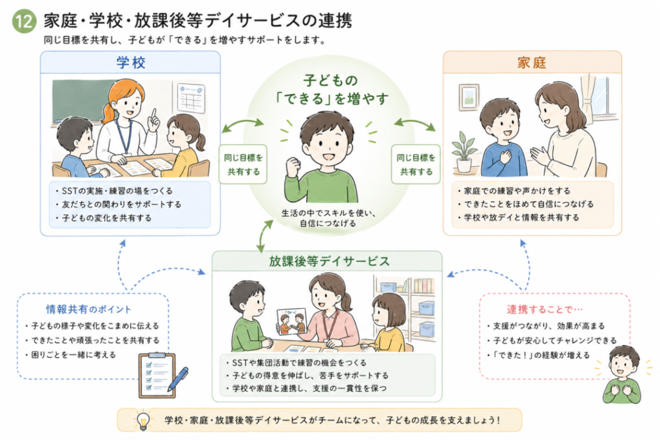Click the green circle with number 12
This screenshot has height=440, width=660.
[x=24, y=21]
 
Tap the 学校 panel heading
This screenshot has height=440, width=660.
[x=131, y=63]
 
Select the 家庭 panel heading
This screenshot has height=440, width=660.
[x=532, y=63]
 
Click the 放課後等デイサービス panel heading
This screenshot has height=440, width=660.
[x=329, y=261]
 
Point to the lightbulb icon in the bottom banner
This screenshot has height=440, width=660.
[x=142, y=420]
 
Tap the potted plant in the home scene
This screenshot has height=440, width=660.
[x=464, y=151]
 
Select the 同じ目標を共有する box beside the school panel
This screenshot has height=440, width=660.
[x=243, y=164]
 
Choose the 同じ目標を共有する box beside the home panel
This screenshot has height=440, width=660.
[x=416, y=164]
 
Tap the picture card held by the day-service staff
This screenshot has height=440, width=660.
[x=291, y=322]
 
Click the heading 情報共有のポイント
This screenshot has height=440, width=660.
[x=88, y=310]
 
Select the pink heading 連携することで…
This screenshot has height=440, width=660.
[x=545, y=310]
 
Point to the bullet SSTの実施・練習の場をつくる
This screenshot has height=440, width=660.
[x=114, y=191]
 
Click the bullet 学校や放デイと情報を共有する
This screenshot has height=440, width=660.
[x=519, y=218]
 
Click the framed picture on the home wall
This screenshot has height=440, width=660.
[x=469, y=97]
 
